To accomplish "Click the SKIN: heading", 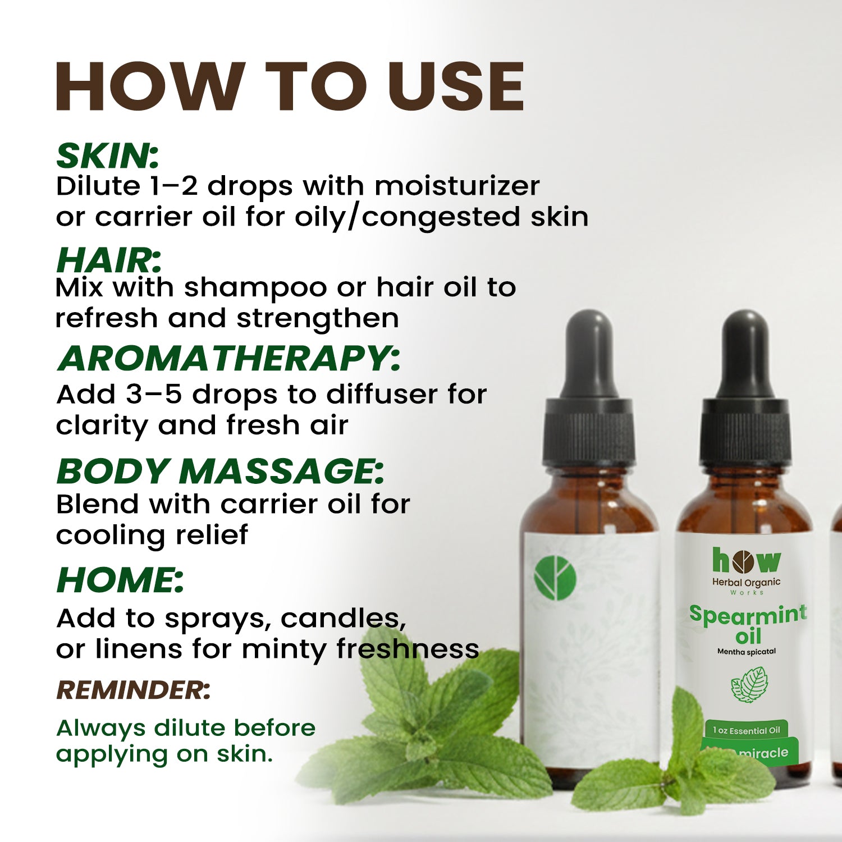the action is click(x=108, y=155).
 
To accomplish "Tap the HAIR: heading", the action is click(x=109, y=260).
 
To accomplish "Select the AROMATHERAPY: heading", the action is click(x=229, y=358).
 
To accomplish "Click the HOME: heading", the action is click(x=120, y=579).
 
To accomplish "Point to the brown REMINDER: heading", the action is click(x=134, y=690).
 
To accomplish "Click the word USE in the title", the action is click(x=455, y=86).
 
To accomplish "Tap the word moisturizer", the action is click(x=457, y=186).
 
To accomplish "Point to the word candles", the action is click(x=343, y=619).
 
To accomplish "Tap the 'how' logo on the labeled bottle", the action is click(x=746, y=560).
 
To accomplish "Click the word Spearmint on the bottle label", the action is click(x=748, y=614).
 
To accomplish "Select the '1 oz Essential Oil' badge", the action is click(x=747, y=730).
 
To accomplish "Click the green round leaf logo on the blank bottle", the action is click(x=555, y=578).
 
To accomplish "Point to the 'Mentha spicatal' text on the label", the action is click(x=747, y=652).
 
